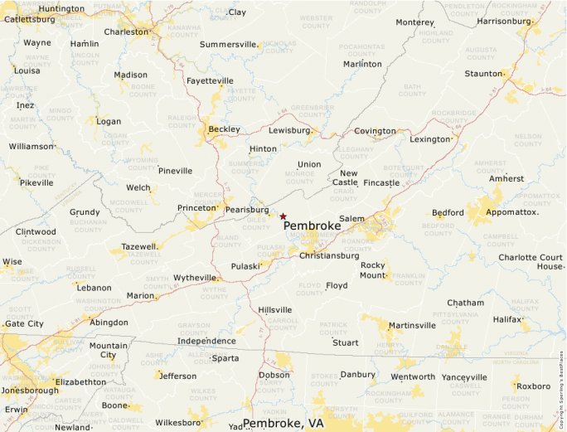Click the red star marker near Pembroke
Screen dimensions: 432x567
[x=283, y=216]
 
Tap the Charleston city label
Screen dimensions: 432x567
[x=126, y=32]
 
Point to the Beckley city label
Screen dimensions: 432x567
[x=224, y=129]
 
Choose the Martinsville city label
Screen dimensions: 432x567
[x=412, y=325]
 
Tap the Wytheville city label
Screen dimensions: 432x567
[x=195, y=277]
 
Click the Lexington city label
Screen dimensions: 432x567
[x=429, y=139]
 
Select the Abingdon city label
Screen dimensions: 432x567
[x=109, y=322]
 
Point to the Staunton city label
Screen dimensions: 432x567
[x=483, y=74]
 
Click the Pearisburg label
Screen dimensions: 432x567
[x=247, y=210]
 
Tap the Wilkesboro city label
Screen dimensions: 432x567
[x=179, y=422]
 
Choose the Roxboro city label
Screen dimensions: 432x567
[x=533, y=386]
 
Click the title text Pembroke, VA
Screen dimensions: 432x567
[x=283, y=423]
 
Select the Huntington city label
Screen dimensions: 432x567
[x=61, y=9]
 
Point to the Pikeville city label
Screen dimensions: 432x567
[x=36, y=182]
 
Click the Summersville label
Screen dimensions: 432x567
[x=228, y=43]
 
